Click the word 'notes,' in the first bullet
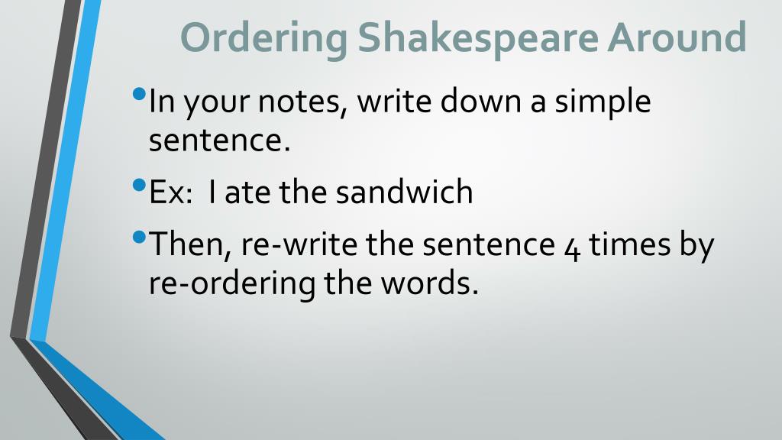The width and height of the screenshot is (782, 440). pos(302,102)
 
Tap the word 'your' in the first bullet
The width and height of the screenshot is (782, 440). pos(216,105)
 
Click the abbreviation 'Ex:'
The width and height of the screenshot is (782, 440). pos(170,192)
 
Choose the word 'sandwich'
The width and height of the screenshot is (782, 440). pos(404,192)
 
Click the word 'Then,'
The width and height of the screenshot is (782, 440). pos(190,245)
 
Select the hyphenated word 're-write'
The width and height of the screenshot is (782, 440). pos(299,245)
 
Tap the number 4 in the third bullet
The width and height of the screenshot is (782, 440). pos(572,248)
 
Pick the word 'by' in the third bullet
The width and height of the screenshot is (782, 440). pos(696,247)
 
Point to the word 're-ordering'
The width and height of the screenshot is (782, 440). pos(232,285)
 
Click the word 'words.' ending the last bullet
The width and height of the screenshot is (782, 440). pos(429,283)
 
